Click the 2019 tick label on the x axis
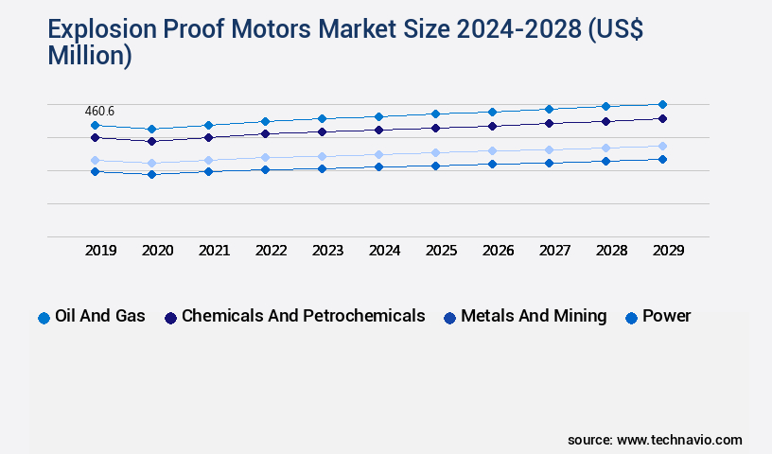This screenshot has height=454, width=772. click(x=100, y=251)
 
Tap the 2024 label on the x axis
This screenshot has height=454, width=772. click(x=384, y=251)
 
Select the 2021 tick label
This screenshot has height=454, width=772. click(x=214, y=251)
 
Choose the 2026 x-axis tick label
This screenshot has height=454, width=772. click(x=498, y=251)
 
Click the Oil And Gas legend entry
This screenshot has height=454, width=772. click(x=99, y=316)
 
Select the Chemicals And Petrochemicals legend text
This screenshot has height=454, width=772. click(x=303, y=316)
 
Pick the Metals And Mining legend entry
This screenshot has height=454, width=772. click(x=534, y=316)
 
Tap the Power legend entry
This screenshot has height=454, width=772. click(x=666, y=316)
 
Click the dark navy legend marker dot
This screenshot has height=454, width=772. click(x=171, y=318)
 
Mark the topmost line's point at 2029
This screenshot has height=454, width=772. click(x=662, y=104)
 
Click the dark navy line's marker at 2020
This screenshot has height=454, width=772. click(x=151, y=141)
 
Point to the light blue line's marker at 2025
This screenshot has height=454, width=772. click(x=435, y=152)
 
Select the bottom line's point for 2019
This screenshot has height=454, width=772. click(x=95, y=171)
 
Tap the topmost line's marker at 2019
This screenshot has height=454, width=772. click(x=95, y=125)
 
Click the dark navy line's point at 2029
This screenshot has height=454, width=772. click(x=662, y=118)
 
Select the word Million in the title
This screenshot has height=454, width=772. click(x=90, y=56)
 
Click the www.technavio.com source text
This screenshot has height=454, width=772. click(x=679, y=440)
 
